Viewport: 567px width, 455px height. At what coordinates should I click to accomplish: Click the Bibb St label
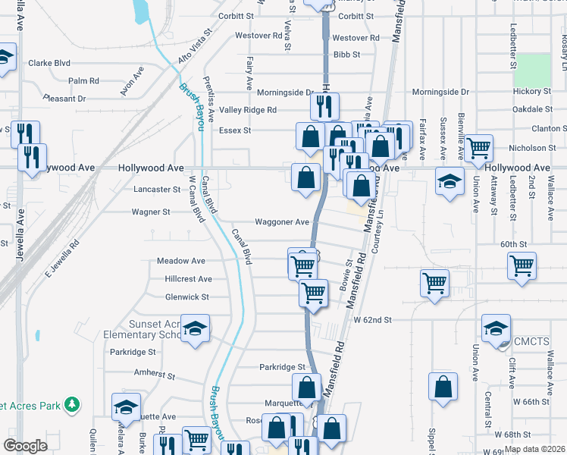tap(346, 55)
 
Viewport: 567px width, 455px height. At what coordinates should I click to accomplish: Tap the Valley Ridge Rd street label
tap(248, 110)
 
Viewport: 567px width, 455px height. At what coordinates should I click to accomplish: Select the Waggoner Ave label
tap(282, 222)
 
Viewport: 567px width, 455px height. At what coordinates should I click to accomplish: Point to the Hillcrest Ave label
tap(188, 279)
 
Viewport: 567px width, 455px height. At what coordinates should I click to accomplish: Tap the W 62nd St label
tap(373, 320)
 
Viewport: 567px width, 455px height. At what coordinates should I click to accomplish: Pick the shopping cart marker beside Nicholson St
tap(478, 148)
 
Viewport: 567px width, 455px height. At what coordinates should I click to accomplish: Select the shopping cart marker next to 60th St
tap(522, 266)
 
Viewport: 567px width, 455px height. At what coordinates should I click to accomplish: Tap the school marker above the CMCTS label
tap(497, 328)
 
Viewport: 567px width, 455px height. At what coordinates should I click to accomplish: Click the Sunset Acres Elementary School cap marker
tap(196, 328)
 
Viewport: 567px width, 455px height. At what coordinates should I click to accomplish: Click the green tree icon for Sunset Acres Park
tap(72, 404)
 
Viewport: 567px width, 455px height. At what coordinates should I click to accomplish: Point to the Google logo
tap(26, 446)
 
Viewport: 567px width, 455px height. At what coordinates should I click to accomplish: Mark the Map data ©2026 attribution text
tap(535, 449)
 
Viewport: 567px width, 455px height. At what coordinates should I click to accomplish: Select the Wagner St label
tap(149, 212)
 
